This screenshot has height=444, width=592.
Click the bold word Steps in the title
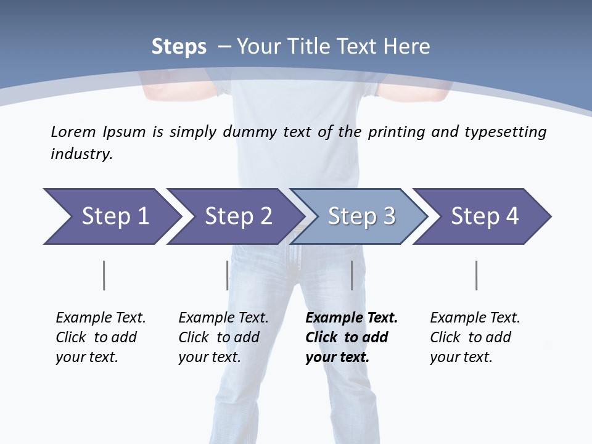[179, 47]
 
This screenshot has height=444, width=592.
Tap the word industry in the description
[81, 154]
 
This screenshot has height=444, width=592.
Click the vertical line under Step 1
[104, 275]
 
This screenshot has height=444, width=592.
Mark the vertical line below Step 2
[227, 275]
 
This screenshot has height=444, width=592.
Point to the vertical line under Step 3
[351, 275]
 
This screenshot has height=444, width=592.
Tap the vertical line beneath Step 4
[477, 275]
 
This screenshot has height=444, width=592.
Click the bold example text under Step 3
[351, 337]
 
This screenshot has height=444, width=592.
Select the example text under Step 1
[101, 337]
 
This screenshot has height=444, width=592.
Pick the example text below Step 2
[223, 337]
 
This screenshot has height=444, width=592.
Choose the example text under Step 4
[475, 337]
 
